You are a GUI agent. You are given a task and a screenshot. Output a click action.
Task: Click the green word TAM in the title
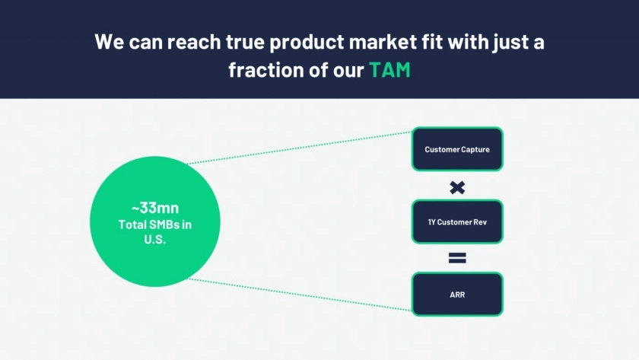coord(389,70)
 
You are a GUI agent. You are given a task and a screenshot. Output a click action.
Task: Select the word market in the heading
coord(383,42)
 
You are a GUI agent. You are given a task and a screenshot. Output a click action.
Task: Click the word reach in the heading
coord(193,42)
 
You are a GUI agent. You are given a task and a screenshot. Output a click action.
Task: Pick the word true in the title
coord(245,42)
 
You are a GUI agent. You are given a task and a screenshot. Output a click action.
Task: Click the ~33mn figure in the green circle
coord(155,208)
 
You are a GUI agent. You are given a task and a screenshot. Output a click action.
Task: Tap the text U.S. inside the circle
coord(155,239)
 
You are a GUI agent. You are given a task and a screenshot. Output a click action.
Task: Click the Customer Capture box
coord(457,149)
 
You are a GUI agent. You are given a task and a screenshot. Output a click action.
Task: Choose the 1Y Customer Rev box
coord(457,221)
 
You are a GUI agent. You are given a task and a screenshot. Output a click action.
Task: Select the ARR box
coord(457,295)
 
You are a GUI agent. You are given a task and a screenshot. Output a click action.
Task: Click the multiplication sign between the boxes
coord(457,187)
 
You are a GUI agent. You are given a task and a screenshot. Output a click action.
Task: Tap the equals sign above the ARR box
coord(457,258)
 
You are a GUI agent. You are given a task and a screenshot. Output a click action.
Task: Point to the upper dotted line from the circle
coord(300,148)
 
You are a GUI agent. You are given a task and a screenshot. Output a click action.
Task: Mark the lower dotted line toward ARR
coord(300,295)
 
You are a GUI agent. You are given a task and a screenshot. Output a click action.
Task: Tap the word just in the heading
coord(509,43)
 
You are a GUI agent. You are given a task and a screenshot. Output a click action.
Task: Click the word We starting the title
coord(110,42)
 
